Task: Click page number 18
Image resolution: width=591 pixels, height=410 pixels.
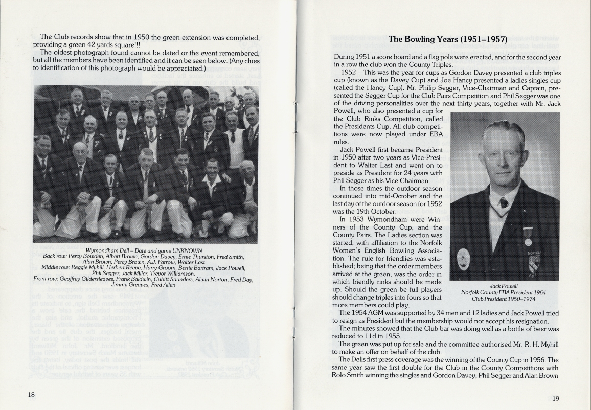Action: pos(31,394)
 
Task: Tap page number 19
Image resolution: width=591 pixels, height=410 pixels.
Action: pos(556,399)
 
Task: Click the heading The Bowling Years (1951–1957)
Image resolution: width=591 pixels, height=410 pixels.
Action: pos(447,39)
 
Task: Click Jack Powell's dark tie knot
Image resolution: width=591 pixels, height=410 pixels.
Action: pos(504,202)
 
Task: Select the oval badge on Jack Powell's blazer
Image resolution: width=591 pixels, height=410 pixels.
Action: pos(464,258)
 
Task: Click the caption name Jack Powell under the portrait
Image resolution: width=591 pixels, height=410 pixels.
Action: pos(504,286)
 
